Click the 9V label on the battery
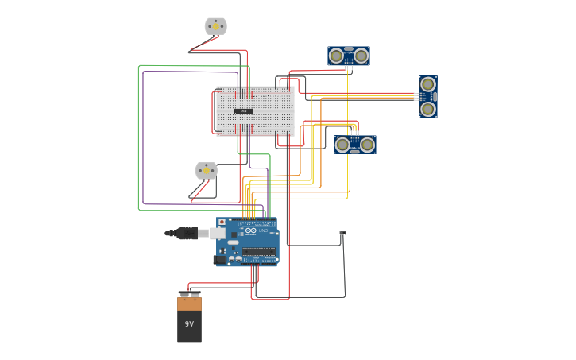189,324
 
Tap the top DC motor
215,26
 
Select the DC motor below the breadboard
206,170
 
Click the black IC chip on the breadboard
244,111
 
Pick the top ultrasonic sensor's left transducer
337,56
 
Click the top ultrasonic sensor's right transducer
361,56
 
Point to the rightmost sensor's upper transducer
428,84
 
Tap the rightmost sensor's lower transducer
428,109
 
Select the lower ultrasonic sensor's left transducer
343,145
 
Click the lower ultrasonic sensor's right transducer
367,145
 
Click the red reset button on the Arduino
222,223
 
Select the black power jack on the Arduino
220,259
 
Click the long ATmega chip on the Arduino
259,252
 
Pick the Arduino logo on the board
251,230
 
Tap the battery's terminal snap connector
189,294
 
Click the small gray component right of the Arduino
342,233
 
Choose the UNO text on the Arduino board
263,230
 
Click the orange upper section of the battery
189,304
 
